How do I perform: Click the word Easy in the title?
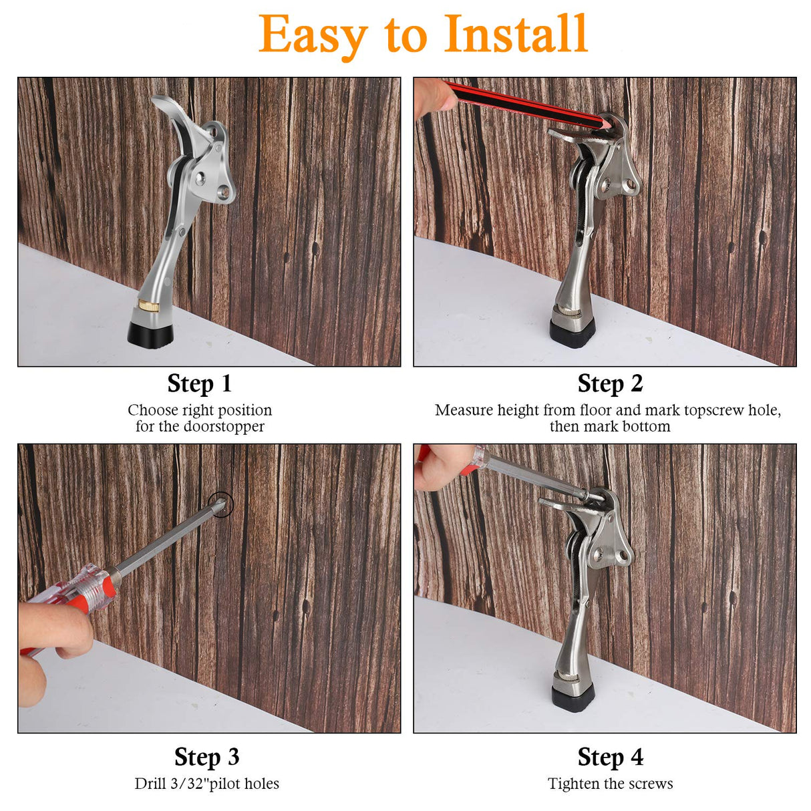click(312, 35)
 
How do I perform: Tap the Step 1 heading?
click(199, 383)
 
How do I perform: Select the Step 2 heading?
click(610, 383)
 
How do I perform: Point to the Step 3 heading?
click(206, 757)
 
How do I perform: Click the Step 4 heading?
click(610, 757)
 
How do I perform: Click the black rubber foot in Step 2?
click(573, 331)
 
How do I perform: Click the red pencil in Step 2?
click(521, 103)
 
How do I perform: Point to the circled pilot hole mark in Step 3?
click(220, 504)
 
